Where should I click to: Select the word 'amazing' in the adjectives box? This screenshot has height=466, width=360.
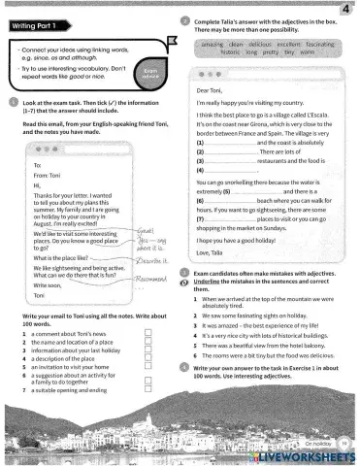point(211,44)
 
